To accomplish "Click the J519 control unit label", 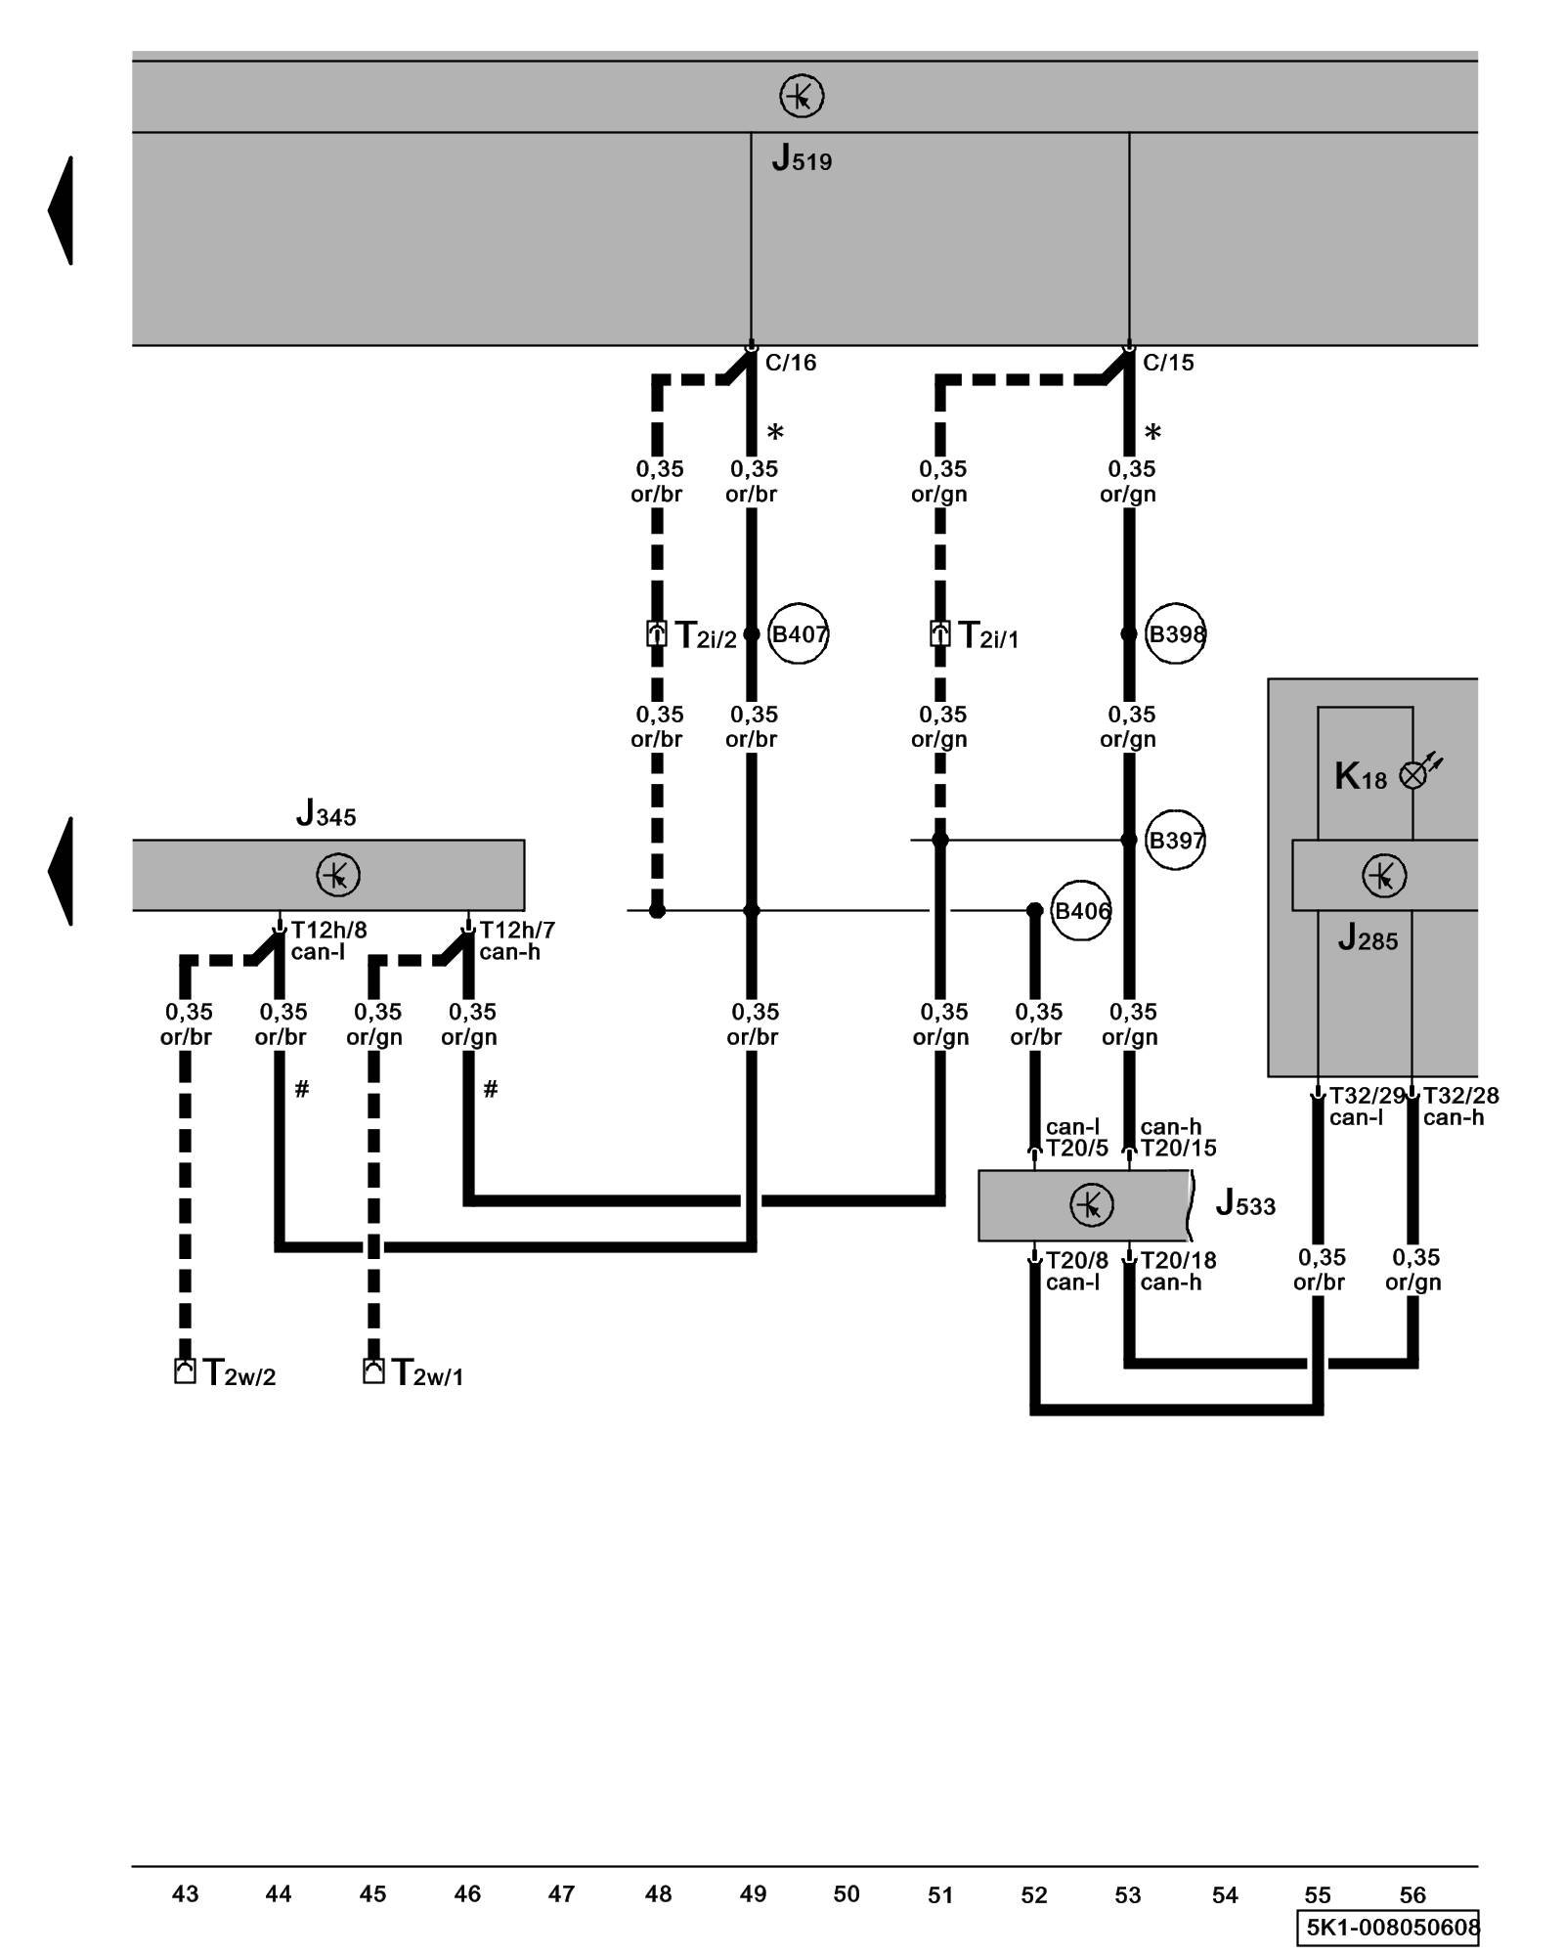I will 802,158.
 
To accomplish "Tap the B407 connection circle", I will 798,634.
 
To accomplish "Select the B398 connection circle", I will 1175,634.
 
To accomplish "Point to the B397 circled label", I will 1175,840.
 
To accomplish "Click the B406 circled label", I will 1081,911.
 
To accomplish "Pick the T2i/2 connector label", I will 705,636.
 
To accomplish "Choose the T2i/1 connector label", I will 987,636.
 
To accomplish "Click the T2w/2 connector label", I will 239,1373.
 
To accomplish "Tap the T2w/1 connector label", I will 427,1373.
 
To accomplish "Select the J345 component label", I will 326,813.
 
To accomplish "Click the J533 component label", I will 1245,1203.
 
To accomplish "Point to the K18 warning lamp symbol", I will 1413,775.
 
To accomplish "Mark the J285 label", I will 1368,939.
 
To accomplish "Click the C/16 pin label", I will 790,363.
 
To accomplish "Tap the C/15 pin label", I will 1168,363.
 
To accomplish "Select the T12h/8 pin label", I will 328,930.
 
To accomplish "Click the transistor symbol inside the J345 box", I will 338,875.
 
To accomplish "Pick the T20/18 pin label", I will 1178,1261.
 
